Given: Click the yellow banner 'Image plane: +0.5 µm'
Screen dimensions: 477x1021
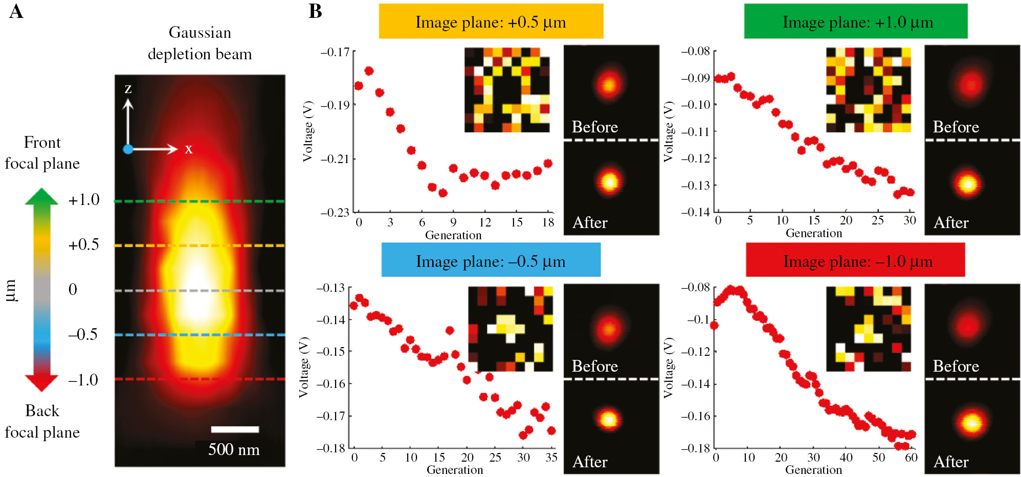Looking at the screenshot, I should (x=491, y=21).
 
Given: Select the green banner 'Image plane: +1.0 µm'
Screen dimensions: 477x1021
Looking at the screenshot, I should (x=856, y=21).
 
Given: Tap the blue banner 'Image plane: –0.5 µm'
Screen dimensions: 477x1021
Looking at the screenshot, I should (x=491, y=261).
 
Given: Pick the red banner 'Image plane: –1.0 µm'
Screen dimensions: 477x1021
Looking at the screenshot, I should (x=856, y=261).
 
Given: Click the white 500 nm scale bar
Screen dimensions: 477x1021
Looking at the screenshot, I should (x=235, y=429).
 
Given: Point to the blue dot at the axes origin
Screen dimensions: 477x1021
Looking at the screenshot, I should (x=128, y=149).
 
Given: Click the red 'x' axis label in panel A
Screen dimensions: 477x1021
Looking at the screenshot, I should (x=189, y=149).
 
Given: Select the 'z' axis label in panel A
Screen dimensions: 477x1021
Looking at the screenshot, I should (x=128, y=89).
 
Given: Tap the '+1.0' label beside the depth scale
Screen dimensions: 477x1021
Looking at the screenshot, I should (x=84, y=200).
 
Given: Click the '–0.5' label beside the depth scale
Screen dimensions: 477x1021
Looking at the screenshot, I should (x=83, y=334).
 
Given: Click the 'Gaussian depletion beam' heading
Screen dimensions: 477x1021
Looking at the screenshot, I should (x=199, y=43).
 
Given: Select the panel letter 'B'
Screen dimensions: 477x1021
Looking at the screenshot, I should (x=315, y=11).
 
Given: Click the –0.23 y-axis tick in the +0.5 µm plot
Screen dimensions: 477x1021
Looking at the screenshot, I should (x=335, y=212).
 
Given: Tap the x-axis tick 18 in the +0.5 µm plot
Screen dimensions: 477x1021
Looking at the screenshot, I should (x=548, y=222).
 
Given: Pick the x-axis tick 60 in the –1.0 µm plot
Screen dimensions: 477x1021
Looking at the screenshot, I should (x=911, y=458).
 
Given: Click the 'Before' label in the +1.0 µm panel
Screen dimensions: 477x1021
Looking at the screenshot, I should (x=956, y=127).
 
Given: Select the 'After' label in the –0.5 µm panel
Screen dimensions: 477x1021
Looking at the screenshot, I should (x=590, y=462).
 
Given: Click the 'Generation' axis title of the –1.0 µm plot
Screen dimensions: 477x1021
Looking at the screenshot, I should (x=813, y=469).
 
